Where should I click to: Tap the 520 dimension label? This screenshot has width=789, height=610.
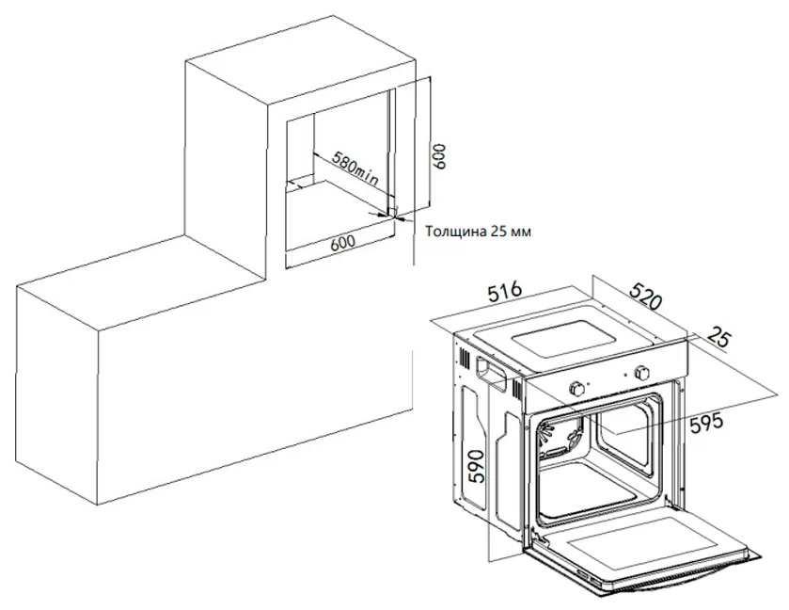pos(645,296)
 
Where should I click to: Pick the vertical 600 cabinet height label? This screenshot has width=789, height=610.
pos(439,156)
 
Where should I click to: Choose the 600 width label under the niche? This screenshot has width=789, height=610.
pos(342,243)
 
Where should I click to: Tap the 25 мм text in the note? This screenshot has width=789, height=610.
pos(511,232)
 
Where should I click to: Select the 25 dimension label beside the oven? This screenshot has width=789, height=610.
pos(718,336)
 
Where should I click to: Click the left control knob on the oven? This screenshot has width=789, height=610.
pos(576,388)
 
